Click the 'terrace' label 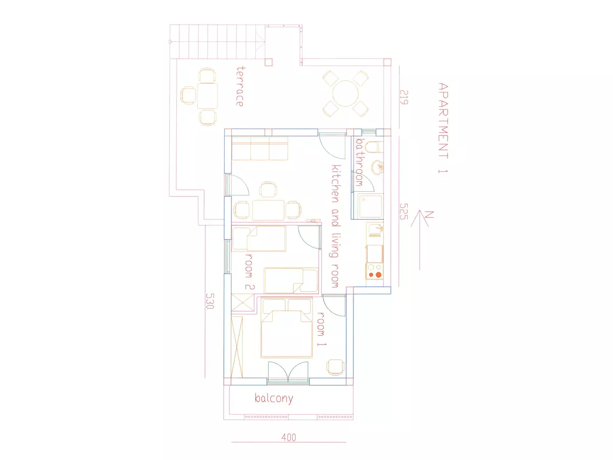click(240, 86)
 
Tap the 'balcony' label click(274, 398)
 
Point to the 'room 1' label click(321, 329)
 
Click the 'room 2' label click(249, 272)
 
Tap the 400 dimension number click(289, 437)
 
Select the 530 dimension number click(210, 301)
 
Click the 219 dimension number click(404, 97)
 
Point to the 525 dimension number click(404, 211)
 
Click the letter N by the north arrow click(429, 215)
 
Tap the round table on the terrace click(345, 94)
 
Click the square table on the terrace click(207, 96)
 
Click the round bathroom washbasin click(377, 167)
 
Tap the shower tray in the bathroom click(370, 206)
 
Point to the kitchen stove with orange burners click(374, 271)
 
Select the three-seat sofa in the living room click(260, 149)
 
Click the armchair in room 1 click(336, 367)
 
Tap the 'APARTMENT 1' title click(443, 128)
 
